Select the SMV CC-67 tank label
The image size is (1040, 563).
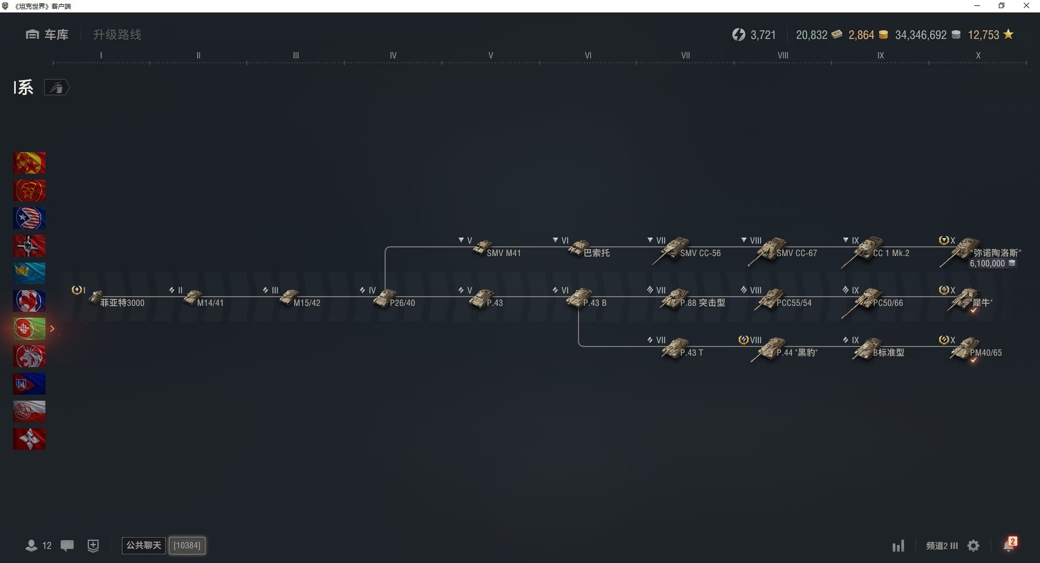(797, 253)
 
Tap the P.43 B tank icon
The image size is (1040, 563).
(579, 298)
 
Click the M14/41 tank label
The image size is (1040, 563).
(210, 303)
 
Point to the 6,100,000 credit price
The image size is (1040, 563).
(987, 264)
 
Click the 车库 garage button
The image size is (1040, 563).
(47, 35)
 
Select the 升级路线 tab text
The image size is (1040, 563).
(117, 35)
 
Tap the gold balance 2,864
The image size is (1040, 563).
(861, 35)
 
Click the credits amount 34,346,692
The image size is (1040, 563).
(921, 35)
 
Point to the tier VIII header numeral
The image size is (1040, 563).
(783, 55)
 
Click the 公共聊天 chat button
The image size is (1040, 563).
(144, 545)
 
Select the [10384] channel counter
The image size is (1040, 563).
(187, 545)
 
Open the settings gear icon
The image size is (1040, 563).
(973, 546)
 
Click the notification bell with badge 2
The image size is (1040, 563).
(1009, 545)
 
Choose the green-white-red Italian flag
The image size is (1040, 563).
(29, 329)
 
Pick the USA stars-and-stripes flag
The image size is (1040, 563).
(29, 218)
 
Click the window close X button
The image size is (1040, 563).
(1026, 6)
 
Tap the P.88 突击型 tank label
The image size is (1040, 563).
(703, 303)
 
